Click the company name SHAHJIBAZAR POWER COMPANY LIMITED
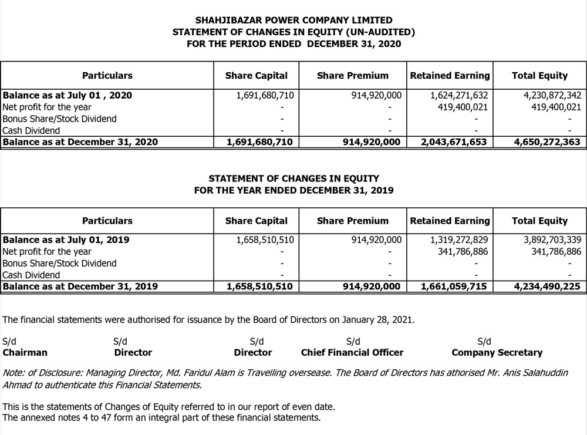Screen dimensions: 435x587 click(293, 21)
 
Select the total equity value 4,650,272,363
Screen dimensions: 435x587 click(546, 142)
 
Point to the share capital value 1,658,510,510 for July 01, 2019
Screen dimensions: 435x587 click(265, 240)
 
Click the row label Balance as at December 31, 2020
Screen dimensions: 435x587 click(80, 142)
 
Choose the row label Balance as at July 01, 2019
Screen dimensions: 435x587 click(66, 240)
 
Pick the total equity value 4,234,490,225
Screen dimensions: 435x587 click(546, 286)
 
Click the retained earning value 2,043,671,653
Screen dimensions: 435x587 click(454, 142)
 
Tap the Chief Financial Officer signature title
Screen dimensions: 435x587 click(352, 353)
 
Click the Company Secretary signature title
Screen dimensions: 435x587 click(497, 353)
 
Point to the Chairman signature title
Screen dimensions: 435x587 click(25, 353)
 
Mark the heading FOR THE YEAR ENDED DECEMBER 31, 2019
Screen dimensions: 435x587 click(293, 190)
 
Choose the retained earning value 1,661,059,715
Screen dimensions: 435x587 click(454, 286)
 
